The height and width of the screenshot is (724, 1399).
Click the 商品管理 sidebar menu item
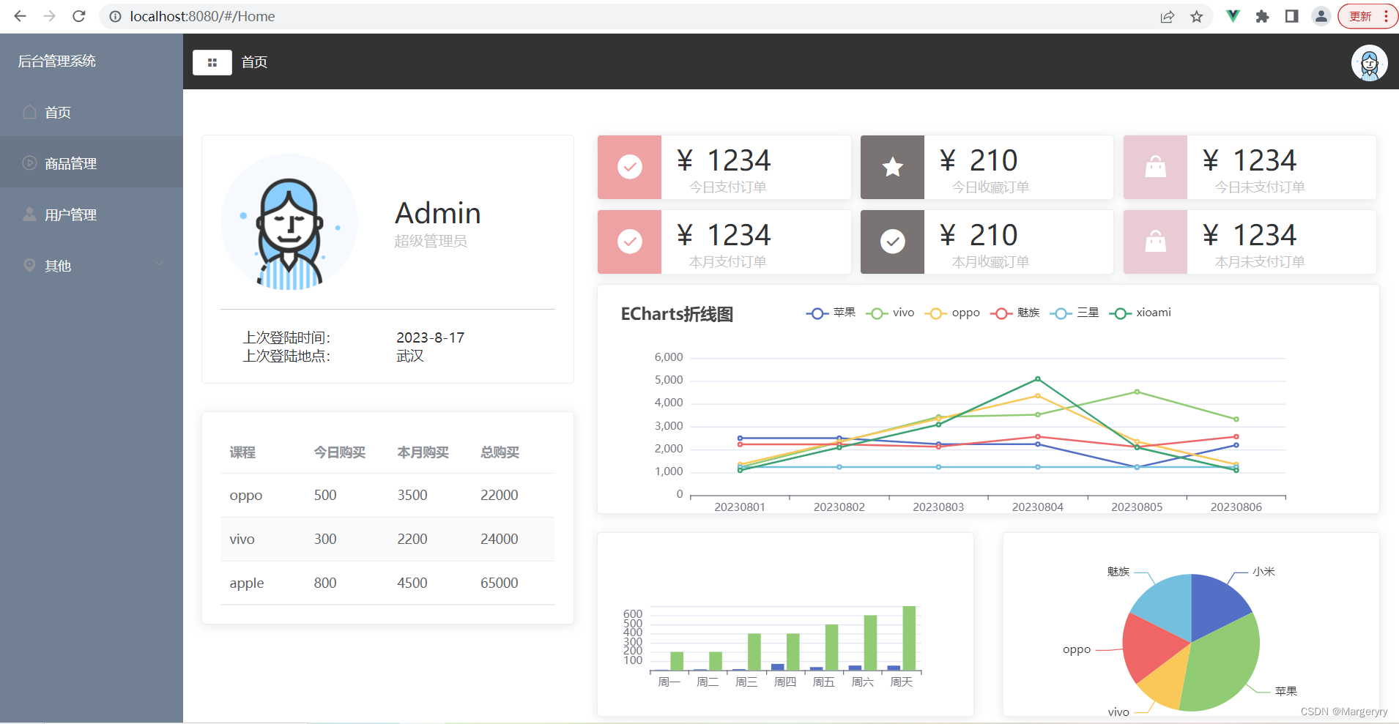pos(70,163)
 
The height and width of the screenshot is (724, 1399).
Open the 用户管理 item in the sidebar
pos(70,214)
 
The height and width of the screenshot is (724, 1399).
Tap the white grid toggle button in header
pos(212,62)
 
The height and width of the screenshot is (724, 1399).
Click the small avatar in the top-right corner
pos(1368,64)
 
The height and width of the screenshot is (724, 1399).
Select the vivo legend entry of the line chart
pos(890,313)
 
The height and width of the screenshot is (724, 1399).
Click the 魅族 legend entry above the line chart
pos(1016,313)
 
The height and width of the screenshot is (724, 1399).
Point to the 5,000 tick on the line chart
pos(668,380)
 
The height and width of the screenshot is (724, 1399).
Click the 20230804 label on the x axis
pos(1037,507)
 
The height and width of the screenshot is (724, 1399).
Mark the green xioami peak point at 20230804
pos(1037,379)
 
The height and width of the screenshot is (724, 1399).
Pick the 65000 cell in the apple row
pos(499,583)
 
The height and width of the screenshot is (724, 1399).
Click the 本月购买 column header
pos(423,452)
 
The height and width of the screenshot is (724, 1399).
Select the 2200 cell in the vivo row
pos(412,539)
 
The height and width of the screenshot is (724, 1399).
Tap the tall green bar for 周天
pos(909,638)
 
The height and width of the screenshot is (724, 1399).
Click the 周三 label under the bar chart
pos(746,682)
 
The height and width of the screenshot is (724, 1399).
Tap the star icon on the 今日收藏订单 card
pos(892,168)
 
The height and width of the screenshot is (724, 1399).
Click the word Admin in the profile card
pos(437,213)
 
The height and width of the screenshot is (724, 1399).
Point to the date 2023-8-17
pos(430,337)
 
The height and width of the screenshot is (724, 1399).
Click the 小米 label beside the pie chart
pos(1263,571)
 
